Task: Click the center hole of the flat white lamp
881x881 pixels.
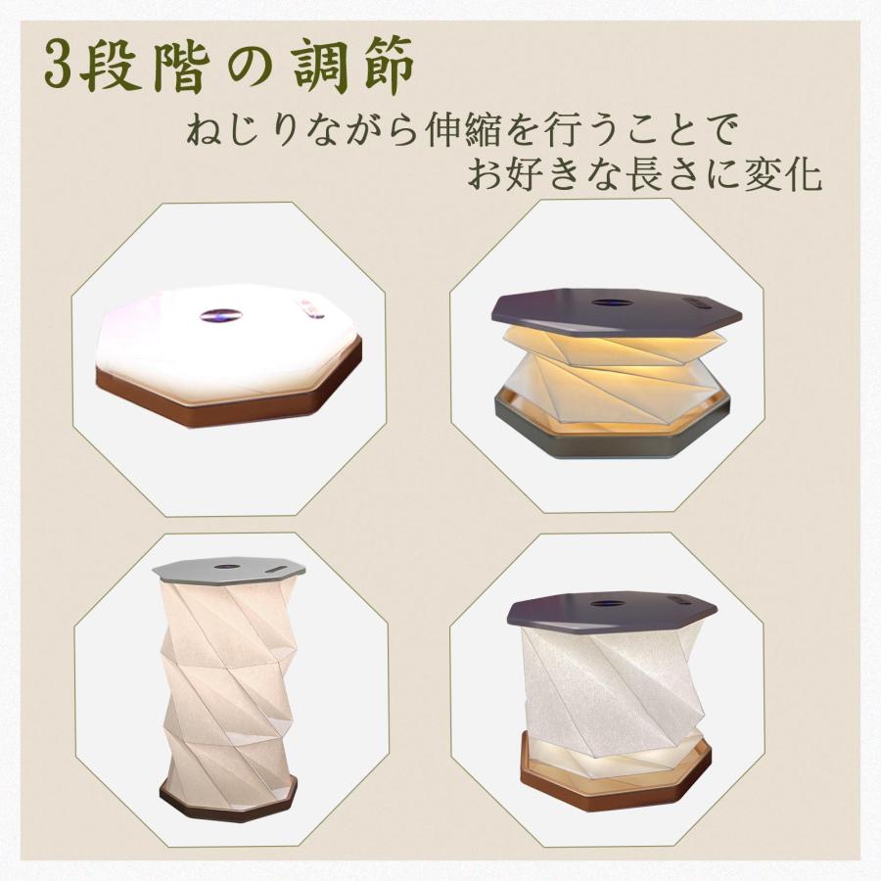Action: click(219, 315)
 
